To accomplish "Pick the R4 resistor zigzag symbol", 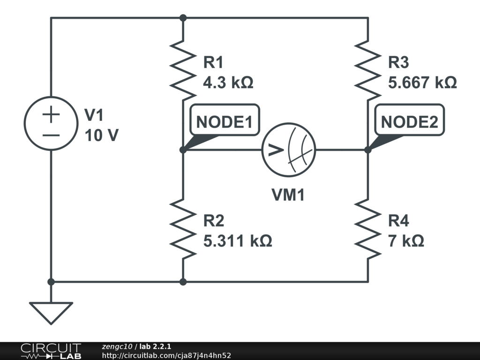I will pyautogui.click(x=367, y=229).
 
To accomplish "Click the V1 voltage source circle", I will pyautogui.click(x=51, y=123).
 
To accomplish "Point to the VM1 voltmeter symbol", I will pyautogui.click(x=288, y=150).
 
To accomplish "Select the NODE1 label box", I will pyautogui.click(x=224, y=122).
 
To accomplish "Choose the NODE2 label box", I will pyautogui.click(x=409, y=122).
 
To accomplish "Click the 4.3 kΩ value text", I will pyautogui.click(x=228, y=83).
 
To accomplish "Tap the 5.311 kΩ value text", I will pyautogui.click(x=238, y=241).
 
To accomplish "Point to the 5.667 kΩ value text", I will pyautogui.click(x=422, y=83).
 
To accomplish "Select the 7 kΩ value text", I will pyautogui.click(x=406, y=241).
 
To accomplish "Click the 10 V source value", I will pyautogui.click(x=102, y=135).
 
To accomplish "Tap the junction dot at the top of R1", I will pyautogui.click(x=183, y=18).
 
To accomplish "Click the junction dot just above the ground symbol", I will pyautogui.click(x=51, y=282).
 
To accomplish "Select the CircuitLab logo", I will pyautogui.click(x=51, y=351).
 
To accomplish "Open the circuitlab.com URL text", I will pyautogui.click(x=166, y=356).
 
